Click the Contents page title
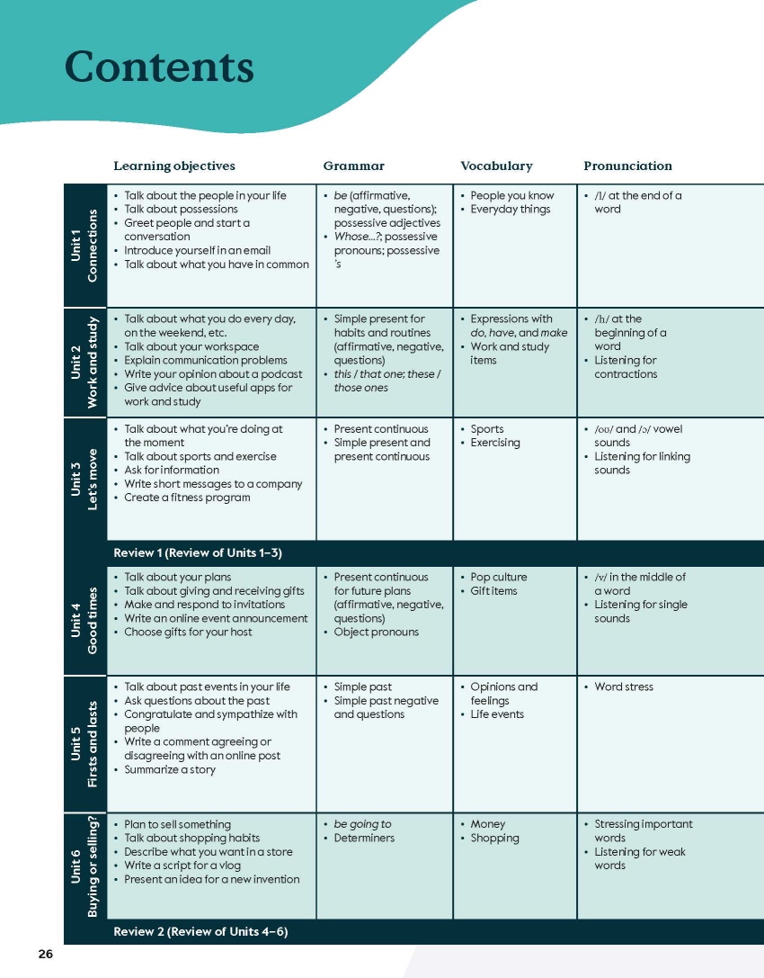click(x=159, y=68)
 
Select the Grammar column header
click(x=353, y=166)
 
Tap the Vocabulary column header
click(x=496, y=166)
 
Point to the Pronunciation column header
click(x=627, y=166)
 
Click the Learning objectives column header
click(x=174, y=166)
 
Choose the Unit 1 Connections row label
click(x=85, y=246)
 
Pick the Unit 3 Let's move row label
click(x=85, y=478)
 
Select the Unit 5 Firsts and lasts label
click(x=85, y=743)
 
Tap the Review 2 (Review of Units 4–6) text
click(x=200, y=931)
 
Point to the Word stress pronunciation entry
click(x=624, y=687)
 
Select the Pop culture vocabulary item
click(x=499, y=578)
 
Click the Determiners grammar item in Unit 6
click(x=364, y=839)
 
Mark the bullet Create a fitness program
click(x=187, y=498)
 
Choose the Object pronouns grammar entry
click(x=376, y=632)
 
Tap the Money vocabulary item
click(x=488, y=824)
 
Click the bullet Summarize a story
click(x=170, y=769)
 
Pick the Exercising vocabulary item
click(x=495, y=443)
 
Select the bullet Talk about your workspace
click(x=191, y=346)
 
